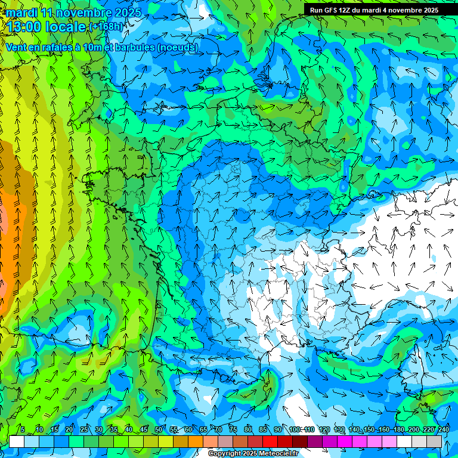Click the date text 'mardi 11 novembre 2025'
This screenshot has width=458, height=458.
(74, 13)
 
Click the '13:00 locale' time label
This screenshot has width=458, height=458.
(47, 27)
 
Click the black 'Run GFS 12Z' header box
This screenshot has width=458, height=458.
(374, 10)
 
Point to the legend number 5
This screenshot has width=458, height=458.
(23, 429)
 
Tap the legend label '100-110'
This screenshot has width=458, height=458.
(301, 429)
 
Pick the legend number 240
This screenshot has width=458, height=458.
(444, 429)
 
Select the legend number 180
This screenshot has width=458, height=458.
(398, 429)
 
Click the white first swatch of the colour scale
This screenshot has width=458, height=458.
(17, 441)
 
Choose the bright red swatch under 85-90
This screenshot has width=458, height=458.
(270, 441)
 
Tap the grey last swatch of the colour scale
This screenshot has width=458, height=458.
(434, 441)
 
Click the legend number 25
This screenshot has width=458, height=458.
(84, 429)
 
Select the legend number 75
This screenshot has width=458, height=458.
(234, 429)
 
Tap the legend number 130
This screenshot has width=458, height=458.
(339, 429)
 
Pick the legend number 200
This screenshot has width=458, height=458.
(414, 429)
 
